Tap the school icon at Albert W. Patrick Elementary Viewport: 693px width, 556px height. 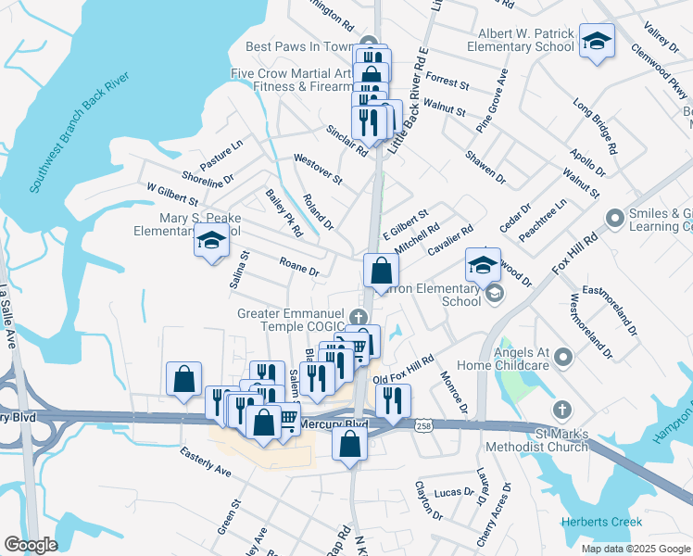[x=598, y=42]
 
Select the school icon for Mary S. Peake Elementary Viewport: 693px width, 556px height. [x=211, y=242]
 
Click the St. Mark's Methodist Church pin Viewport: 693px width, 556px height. [x=561, y=409]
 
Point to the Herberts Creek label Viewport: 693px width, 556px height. [x=601, y=523]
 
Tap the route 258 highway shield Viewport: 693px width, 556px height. [x=422, y=424]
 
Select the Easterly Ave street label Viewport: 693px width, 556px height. [x=205, y=458]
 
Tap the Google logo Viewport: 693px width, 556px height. [x=31, y=545]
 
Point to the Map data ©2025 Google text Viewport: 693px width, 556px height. [x=635, y=549]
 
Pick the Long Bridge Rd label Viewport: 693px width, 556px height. [x=595, y=126]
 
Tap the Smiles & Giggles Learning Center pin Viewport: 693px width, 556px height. [x=613, y=219]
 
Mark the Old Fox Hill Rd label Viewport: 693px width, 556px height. [x=403, y=371]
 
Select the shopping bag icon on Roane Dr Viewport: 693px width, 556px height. [x=381, y=271]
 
